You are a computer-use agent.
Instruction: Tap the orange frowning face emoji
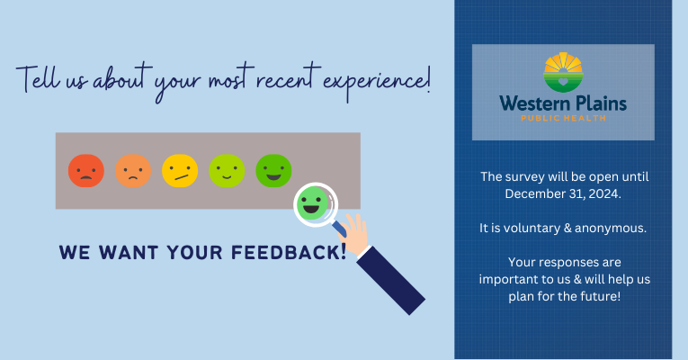point(133,169)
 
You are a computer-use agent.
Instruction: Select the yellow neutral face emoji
point(180,169)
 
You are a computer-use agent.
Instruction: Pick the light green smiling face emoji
point(227,169)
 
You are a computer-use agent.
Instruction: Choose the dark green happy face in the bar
point(273,169)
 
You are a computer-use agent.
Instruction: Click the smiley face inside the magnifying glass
point(313,204)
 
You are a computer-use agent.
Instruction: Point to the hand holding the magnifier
point(356,234)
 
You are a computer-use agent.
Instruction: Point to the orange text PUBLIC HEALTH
point(563,118)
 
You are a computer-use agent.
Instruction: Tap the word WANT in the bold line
point(121,252)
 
